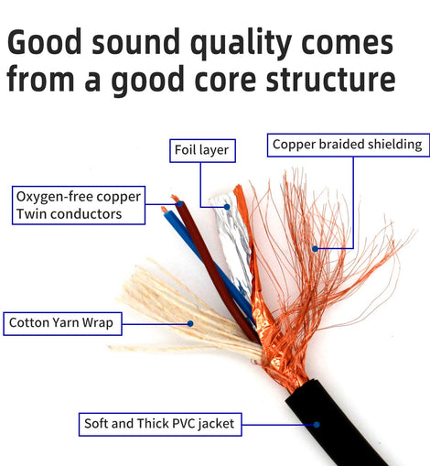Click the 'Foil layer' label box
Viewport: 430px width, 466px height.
[202, 150]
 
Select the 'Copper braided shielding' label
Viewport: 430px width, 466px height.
[349, 145]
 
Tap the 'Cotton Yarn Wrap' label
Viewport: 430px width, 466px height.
[62, 323]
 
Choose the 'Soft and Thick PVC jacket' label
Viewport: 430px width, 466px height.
[160, 424]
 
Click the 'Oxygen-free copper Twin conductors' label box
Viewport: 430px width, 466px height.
[79, 205]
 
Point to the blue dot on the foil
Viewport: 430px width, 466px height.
[227, 207]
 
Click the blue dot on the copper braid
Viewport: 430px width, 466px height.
[315, 249]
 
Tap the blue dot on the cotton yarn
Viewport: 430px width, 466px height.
[190, 323]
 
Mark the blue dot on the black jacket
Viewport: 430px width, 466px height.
[317, 425]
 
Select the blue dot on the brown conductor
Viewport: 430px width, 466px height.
[180, 203]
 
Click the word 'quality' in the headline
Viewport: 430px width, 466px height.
[241, 43]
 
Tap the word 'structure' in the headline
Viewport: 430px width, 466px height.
[330, 80]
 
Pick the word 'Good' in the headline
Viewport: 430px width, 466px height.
[45, 41]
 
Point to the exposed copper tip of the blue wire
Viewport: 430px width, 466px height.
[164, 210]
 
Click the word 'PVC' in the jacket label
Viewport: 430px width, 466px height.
[183, 424]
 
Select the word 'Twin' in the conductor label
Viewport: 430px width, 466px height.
[31, 214]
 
